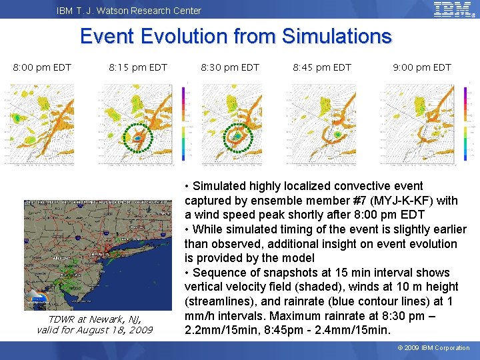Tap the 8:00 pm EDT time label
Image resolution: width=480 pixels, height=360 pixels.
[43, 67]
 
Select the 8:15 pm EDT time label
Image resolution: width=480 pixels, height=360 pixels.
[138, 67]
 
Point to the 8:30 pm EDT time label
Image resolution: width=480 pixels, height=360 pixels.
[230, 67]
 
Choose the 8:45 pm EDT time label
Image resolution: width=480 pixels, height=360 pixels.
[322, 67]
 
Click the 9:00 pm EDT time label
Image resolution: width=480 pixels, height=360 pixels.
[422, 67]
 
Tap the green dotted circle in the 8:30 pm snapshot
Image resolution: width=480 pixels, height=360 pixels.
[235, 136]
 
